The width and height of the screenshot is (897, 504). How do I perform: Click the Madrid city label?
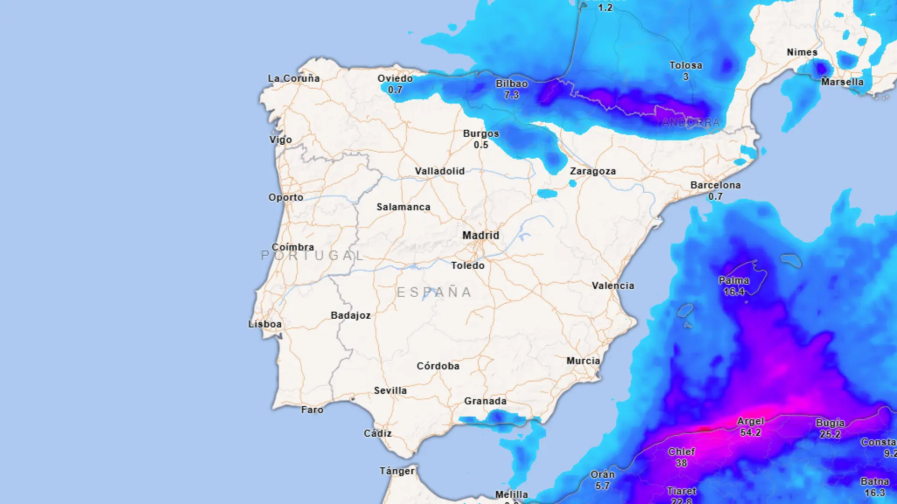[481, 235]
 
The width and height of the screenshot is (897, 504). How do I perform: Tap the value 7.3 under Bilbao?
[511, 95]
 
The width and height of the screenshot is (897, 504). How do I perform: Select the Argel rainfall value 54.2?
[750, 433]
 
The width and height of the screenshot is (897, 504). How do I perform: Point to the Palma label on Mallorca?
[733, 280]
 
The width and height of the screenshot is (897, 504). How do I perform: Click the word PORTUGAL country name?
[312, 256]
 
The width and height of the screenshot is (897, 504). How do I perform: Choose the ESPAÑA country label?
[434, 292]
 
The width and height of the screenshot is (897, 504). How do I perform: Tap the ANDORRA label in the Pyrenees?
[691, 122]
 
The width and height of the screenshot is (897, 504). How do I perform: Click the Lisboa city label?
[265, 324]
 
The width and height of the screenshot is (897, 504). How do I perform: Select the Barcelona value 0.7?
[715, 196]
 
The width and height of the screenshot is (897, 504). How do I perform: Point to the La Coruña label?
[294, 78]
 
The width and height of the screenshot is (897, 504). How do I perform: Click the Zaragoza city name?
[592, 171]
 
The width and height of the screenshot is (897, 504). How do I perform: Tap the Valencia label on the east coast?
[613, 286]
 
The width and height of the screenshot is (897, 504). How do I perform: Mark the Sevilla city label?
[390, 391]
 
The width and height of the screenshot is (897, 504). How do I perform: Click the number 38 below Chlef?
[681, 463]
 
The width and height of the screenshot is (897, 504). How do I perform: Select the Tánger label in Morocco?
[397, 471]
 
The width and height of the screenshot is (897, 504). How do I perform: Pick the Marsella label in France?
[842, 82]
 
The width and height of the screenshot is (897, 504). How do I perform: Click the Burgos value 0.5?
[481, 145]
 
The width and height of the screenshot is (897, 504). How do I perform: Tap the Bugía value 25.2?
[830, 434]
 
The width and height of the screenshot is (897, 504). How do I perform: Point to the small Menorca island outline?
[790, 260]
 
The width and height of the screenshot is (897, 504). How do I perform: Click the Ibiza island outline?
[685, 310]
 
